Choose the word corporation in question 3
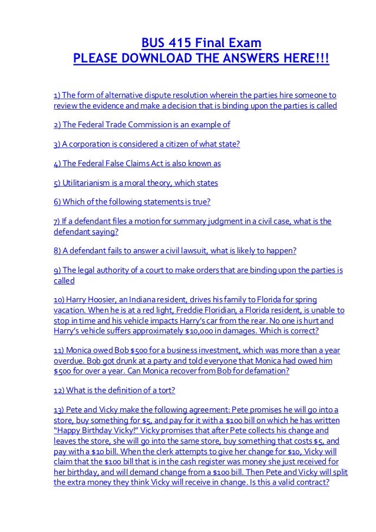pos(97,144)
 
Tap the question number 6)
pos(57,203)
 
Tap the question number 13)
pos(59,410)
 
